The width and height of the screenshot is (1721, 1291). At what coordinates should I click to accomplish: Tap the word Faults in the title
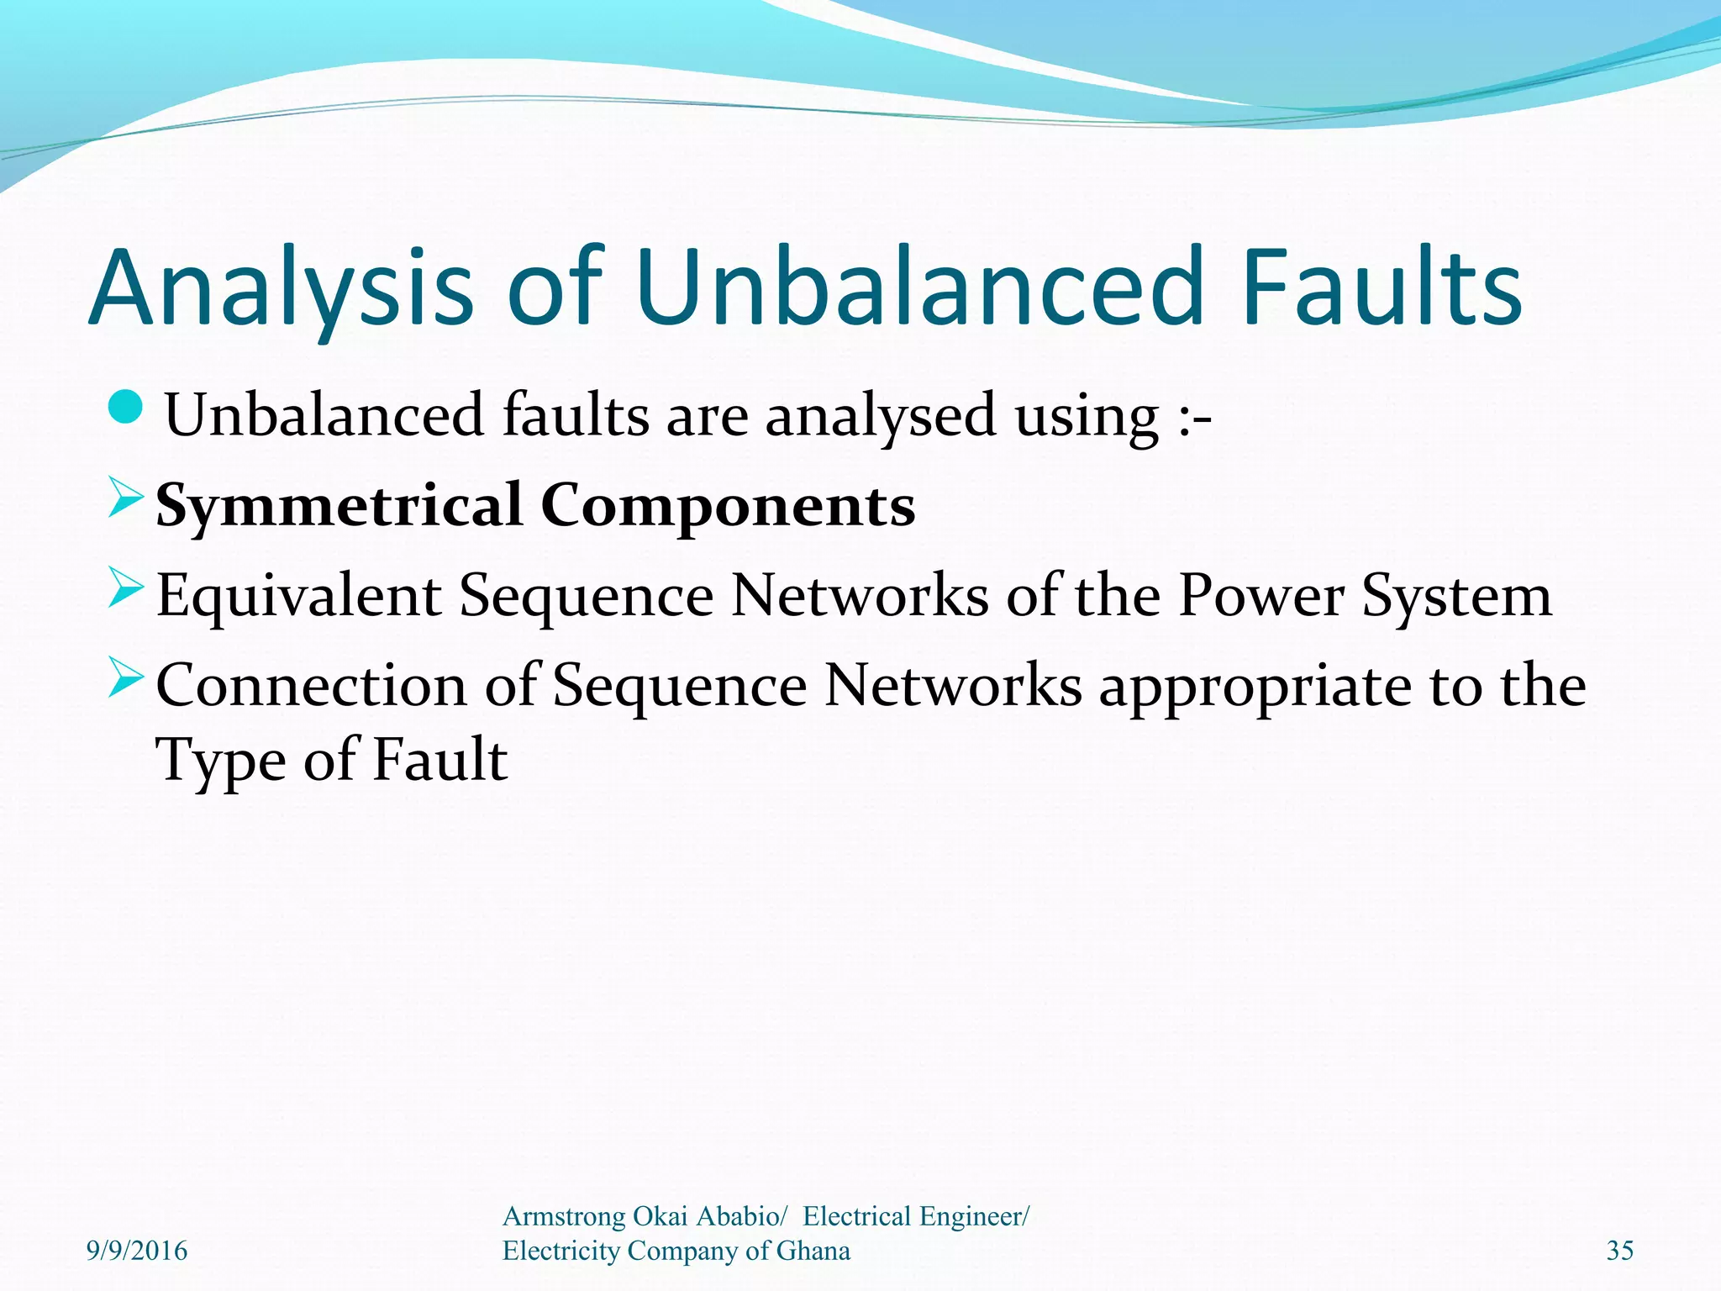point(1382,287)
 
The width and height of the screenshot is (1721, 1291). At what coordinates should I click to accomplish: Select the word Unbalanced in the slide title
point(916,287)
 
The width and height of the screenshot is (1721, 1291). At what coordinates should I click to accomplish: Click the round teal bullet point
point(127,408)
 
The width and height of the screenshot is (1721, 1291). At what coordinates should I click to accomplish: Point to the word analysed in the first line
point(880,416)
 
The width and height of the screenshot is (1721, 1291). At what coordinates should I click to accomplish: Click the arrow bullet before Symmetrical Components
point(126,499)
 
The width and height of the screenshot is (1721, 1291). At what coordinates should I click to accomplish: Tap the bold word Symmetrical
point(339,506)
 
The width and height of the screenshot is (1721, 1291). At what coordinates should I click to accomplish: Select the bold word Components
point(728,506)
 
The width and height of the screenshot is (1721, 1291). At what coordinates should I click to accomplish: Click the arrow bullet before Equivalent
point(126,588)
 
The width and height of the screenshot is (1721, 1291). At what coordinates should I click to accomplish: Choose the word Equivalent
point(299,596)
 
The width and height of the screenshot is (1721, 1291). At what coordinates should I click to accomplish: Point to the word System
point(1456,596)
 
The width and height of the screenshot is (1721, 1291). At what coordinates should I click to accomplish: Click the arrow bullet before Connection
point(126,679)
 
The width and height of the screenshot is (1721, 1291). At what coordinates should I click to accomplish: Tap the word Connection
point(311,686)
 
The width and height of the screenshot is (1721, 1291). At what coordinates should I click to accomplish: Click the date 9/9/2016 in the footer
point(137,1251)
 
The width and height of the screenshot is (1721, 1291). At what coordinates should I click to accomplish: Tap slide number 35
point(1619,1251)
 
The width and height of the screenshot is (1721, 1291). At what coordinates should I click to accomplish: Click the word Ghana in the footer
point(813,1251)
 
